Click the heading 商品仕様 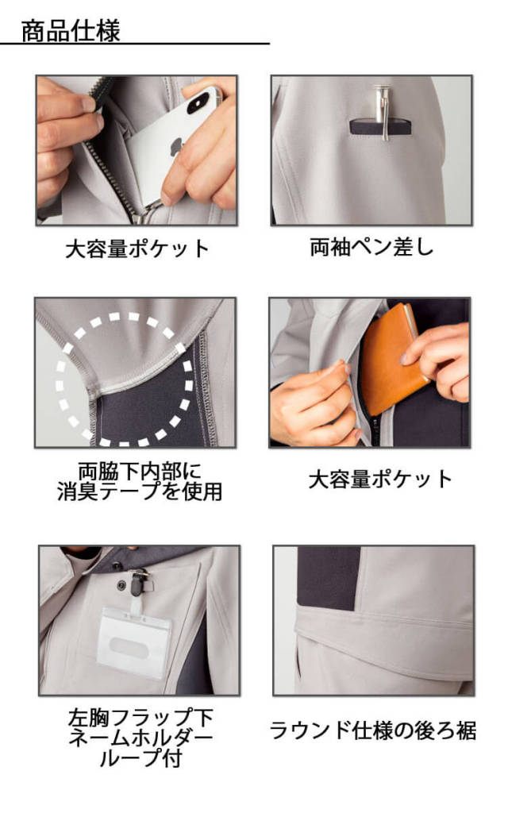[x=71, y=32]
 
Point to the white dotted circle [x=125, y=378]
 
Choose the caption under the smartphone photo [x=137, y=249]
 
